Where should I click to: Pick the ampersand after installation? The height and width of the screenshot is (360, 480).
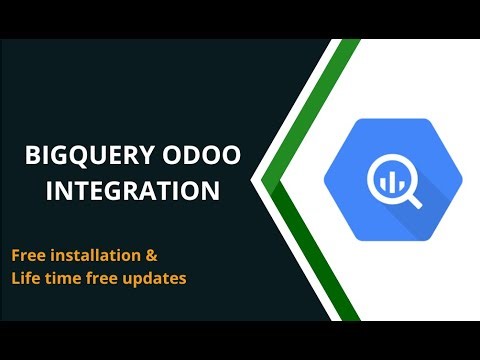[151, 256]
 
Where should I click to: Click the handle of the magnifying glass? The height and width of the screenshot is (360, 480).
[413, 199]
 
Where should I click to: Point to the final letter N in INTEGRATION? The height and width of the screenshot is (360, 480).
[212, 190]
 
